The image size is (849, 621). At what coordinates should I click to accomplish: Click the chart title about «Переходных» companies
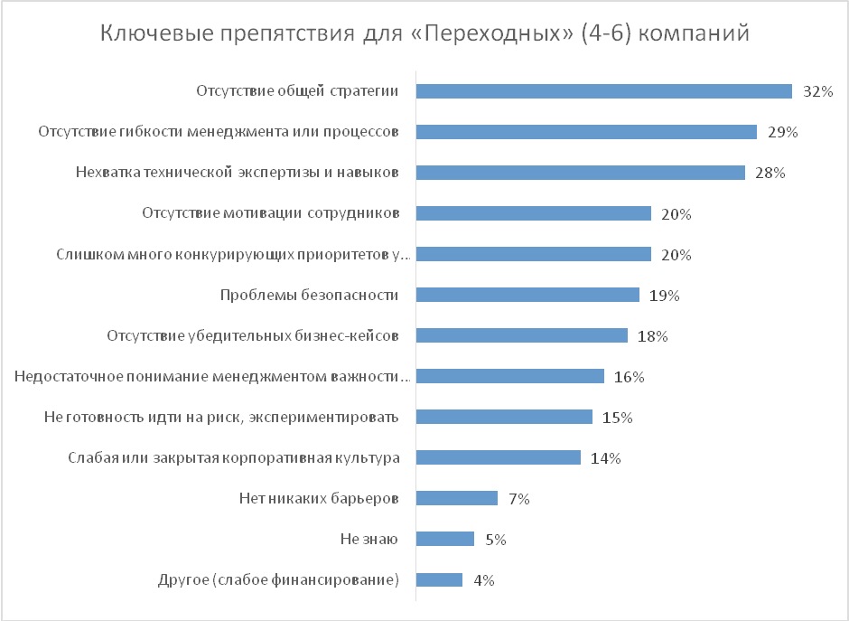click(x=424, y=34)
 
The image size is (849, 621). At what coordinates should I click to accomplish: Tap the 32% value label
click(x=817, y=91)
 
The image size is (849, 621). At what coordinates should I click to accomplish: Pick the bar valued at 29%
click(x=586, y=132)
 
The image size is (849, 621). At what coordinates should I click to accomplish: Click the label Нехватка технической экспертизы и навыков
click(x=238, y=173)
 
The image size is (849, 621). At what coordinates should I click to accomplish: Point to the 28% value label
click(x=770, y=173)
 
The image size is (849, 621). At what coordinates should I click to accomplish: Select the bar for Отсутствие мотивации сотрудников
click(x=533, y=213)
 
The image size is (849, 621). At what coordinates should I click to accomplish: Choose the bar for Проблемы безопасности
click(x=527, y=295)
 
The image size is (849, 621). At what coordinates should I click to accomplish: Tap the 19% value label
click(x=664, y=296)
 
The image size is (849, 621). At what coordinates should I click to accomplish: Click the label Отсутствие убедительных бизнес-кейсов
click(x=254, y=336)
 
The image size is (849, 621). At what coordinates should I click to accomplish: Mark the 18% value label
click(x=652, y=336)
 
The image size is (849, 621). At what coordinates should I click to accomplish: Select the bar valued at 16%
click(x=509, y=376)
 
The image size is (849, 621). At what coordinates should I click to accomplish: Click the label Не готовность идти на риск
click(x=222, y=418)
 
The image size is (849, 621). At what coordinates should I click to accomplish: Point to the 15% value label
click(x=617, y=418)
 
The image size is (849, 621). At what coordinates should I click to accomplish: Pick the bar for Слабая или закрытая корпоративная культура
click(x=498, y=457)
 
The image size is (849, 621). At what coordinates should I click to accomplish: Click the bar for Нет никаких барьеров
click(x=456, y=498)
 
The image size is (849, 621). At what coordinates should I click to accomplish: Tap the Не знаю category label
click(x=369, y=540)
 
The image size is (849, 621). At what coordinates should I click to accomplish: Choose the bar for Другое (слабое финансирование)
click(x=439, y=580)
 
